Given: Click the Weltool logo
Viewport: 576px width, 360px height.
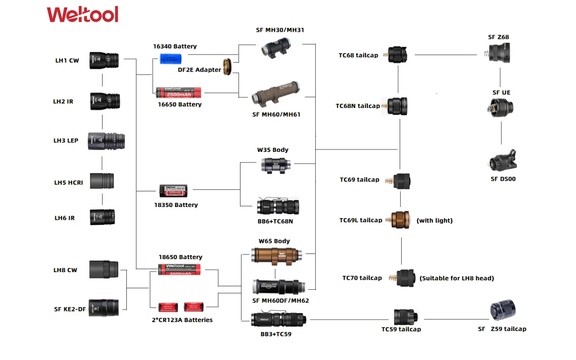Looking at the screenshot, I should point(82,14).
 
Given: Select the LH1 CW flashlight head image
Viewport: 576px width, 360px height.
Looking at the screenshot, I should point(104,60).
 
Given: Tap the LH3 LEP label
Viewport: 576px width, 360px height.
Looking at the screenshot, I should point(66,140).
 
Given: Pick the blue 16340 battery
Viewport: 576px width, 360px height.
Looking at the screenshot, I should point(173,59).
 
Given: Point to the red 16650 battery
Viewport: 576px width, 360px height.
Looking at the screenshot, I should point(178,92).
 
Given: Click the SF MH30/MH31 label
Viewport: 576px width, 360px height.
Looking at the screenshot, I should point(280,30).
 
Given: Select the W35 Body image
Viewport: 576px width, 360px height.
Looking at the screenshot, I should point(275,165).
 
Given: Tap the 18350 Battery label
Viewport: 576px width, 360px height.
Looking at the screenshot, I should point(176,205).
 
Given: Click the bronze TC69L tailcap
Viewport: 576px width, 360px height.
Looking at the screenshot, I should point(401,220).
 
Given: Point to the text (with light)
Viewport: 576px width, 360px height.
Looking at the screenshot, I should point(435,221).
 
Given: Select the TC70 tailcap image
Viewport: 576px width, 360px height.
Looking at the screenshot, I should point(404,278).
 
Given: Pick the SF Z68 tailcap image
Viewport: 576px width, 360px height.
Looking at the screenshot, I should point(498,53).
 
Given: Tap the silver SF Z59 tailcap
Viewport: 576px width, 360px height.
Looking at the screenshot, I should point(503,311).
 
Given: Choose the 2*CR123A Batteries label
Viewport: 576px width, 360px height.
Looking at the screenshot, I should point(182,320).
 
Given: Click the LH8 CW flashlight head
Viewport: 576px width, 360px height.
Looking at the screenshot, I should point(104,269).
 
